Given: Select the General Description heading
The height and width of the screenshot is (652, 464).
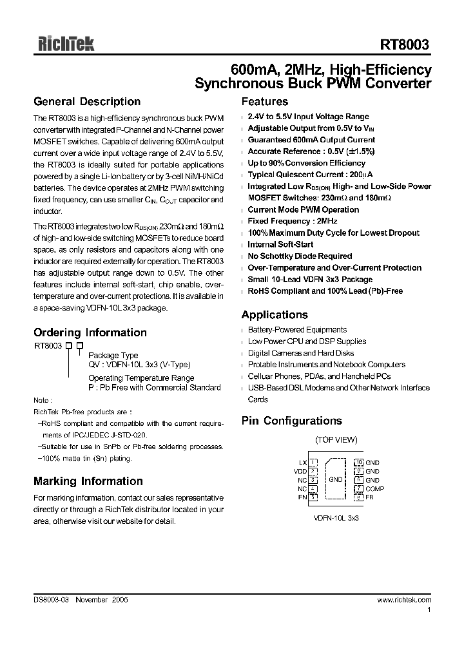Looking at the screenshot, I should (x=87, y=102).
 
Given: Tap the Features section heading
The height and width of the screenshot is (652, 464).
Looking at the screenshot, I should (x=264, y=102).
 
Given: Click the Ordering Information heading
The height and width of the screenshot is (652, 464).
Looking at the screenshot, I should (x=90, y=333).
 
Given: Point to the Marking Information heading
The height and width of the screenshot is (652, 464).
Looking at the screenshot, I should (x=88, y=481).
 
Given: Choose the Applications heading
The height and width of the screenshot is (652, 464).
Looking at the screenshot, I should (x=275, y=315).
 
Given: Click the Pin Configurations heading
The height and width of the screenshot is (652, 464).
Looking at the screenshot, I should (x=291, y=421).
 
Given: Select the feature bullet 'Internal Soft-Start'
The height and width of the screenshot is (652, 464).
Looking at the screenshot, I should (x=280, y=245).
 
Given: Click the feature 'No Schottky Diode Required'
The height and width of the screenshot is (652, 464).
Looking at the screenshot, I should (x=300, y=256).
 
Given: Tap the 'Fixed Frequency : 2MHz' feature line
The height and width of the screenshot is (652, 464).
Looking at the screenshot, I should (x=293, y=221).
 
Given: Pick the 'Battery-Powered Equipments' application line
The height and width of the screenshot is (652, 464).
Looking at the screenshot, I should (x=297, y=330).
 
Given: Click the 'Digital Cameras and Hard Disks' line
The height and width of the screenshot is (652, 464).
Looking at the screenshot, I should (x=302, y=353).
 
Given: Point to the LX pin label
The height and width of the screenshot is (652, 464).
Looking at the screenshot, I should (x=302, y=463).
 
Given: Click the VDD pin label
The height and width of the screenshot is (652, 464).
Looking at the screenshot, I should (x=300, y=471).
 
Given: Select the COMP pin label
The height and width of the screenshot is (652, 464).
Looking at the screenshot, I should (x=374, y=488).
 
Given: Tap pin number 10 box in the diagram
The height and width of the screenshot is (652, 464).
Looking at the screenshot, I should (x=359, y=463).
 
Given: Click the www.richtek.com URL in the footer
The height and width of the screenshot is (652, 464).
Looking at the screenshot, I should (x=404, y=599).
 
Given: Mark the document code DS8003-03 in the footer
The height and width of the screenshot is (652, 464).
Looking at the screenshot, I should (x=51, y=599).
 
